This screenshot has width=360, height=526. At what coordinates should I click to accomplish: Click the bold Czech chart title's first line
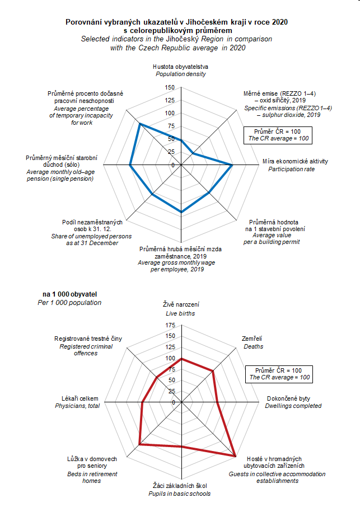[x=180, y=21]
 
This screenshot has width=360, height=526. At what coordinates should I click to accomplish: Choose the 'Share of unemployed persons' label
[x=92, y=237]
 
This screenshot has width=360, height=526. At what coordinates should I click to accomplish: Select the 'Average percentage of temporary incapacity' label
[x=82, y=115]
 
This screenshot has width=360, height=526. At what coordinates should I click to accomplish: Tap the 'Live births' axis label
[x=180, y=314]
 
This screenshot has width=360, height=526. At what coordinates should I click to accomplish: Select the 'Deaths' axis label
[x=252, y=346]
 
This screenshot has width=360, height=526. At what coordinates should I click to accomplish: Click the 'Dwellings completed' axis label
[x=293, y=406]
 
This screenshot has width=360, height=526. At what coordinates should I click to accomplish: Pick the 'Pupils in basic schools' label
[x=180, y=494]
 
